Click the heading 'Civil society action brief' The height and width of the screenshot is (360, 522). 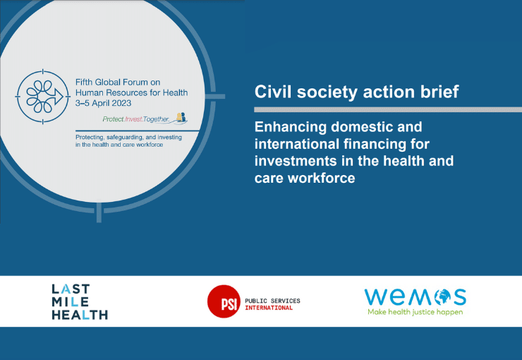[356, 92]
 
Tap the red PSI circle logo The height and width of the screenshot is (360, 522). [224, 301]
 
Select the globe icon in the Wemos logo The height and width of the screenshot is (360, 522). [442, 296]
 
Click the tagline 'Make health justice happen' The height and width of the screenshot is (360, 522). [415, 312]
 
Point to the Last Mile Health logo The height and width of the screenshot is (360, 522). [80, 301]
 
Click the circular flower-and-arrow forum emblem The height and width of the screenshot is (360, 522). [42, 97]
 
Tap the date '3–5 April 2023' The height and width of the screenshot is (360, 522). [103, 103]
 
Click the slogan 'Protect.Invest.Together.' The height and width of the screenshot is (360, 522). [136, 119]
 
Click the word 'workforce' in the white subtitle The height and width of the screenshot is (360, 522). [321, 178]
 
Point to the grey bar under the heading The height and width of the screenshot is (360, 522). [388, 109]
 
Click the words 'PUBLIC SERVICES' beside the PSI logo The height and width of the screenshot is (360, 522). [272, 301]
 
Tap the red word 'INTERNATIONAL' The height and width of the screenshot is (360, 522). [269, 308]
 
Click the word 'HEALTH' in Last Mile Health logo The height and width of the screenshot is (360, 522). [80, 315]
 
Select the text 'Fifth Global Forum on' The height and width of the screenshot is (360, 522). [118, 83]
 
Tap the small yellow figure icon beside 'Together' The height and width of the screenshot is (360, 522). [180, 117]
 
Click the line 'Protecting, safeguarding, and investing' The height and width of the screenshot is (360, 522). [128, 137]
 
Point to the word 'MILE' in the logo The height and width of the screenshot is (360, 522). [71, 301]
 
